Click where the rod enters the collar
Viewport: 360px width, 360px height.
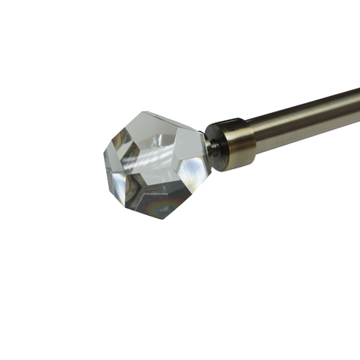(253, 132)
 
